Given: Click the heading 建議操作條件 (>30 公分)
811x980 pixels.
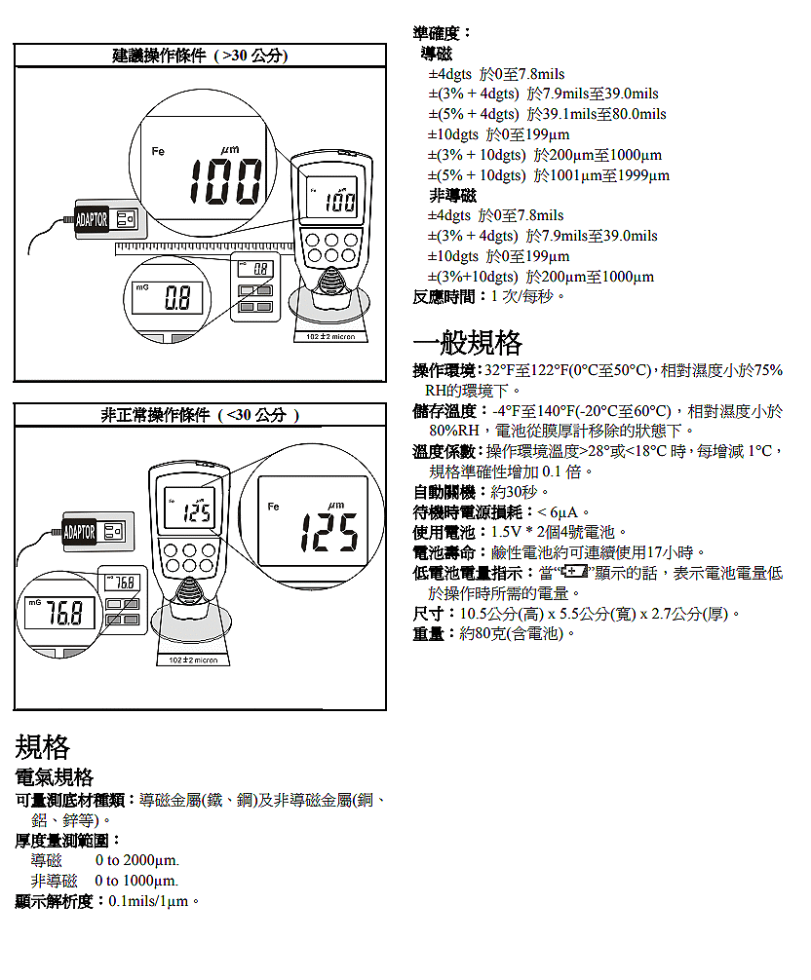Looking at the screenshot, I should (200, 57).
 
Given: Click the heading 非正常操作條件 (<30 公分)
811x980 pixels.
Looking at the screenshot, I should (200, 416).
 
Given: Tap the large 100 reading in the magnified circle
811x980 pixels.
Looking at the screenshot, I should (225, 181).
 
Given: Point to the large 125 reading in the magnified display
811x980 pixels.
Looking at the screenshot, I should (328, 531).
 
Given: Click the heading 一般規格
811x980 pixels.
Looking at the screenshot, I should (468, 343).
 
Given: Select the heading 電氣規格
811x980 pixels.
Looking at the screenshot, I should (54, 777).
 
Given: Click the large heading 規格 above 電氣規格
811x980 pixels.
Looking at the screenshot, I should (43, 747).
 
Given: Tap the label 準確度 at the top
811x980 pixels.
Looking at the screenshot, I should (442, 33).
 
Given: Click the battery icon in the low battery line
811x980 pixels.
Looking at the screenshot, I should (574, 573).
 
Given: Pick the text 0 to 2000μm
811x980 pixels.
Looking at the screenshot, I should (136, 861).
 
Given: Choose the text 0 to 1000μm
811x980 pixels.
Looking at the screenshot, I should (136, 882).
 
